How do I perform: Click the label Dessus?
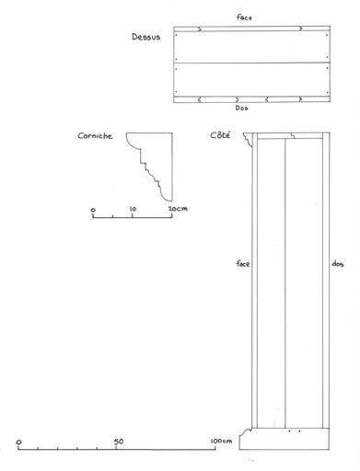click(x=146, y=37)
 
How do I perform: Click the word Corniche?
click(x=95, y=136)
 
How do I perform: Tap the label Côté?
click(x=220, y=135)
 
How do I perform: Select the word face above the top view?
click(x=244, y=17)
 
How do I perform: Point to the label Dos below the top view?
click(x=241, y=108)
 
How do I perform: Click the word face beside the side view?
click(x=243, y=264)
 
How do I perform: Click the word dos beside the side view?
click(x=338, y=264)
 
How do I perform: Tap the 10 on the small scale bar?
click(x=133, y=209)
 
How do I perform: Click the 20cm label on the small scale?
click(x=178, y=209)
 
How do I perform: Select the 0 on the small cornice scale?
click(x=93, y=210)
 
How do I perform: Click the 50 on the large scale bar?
click(x=119, y=442)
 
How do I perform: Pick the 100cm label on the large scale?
click(x=221, y=442)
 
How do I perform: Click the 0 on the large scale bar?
click(x=19, y=442)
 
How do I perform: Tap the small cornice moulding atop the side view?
click(x=248, y=139)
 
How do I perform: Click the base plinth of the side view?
click(x=285, y=439)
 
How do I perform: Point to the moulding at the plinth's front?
click(x=245, y=432)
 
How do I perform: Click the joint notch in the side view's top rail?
click(x=293, y=136)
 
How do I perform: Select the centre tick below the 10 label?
click(x=133, y=215)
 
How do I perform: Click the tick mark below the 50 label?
click(x=116, y=448)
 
